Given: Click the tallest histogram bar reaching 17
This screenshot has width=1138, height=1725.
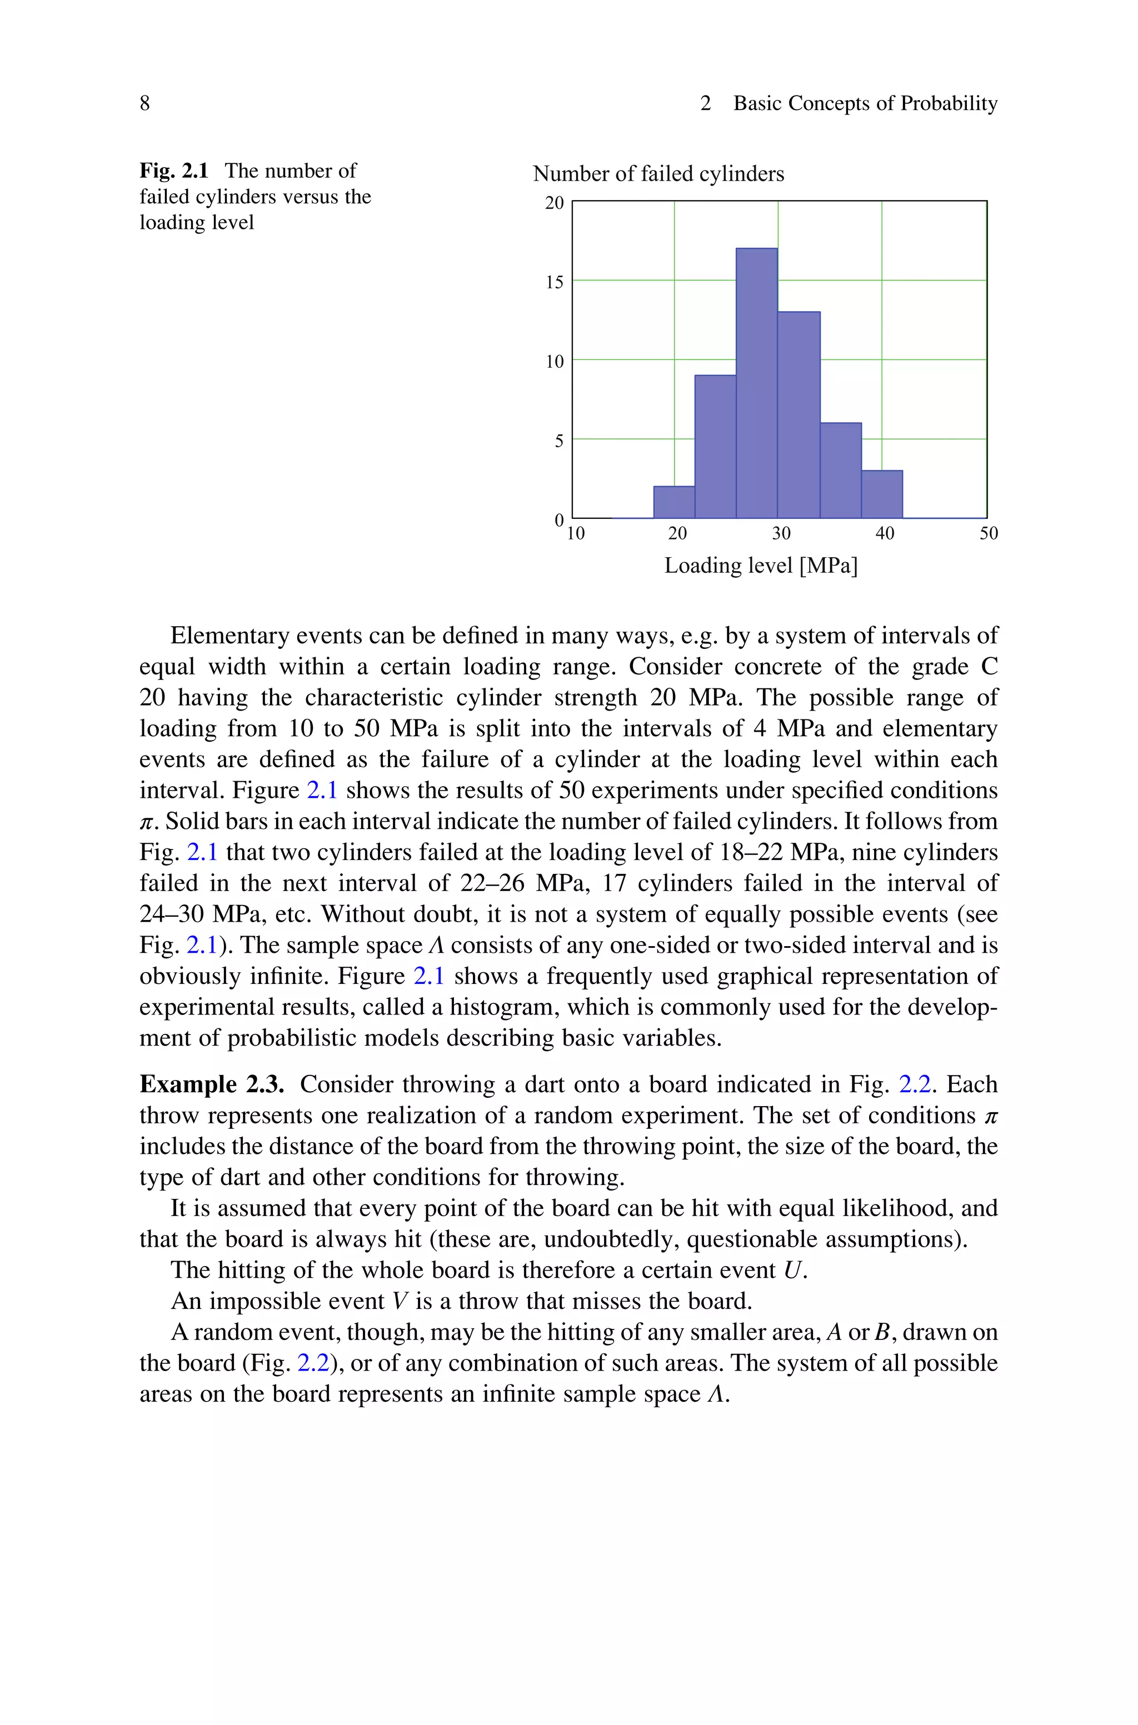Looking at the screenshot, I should click(x=757, y=383).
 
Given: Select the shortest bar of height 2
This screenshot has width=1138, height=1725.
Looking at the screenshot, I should click(x=674, y=502).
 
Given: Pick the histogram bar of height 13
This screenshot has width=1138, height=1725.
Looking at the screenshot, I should click(x=799, y=415).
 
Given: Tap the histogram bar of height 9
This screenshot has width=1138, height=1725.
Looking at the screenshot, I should click(x=716, y=447).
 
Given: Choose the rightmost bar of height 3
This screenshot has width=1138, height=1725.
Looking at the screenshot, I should click(x=882, y=494).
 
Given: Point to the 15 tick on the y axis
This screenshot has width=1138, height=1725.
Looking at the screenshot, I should click(x=555, y=282).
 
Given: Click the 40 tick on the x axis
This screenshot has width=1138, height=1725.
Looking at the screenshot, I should click(x=885, y=534).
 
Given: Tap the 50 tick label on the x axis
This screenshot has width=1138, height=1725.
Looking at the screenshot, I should click(x=989, y=534).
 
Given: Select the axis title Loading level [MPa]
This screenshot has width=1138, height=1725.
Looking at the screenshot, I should click(x=761, y=566).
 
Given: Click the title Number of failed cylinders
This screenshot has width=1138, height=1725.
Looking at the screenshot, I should click(x=658, y=174).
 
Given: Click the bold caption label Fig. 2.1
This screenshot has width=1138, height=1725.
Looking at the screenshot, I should click(x=174, y=171).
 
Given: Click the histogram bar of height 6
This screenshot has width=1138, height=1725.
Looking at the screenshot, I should click(x=840, y=470).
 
